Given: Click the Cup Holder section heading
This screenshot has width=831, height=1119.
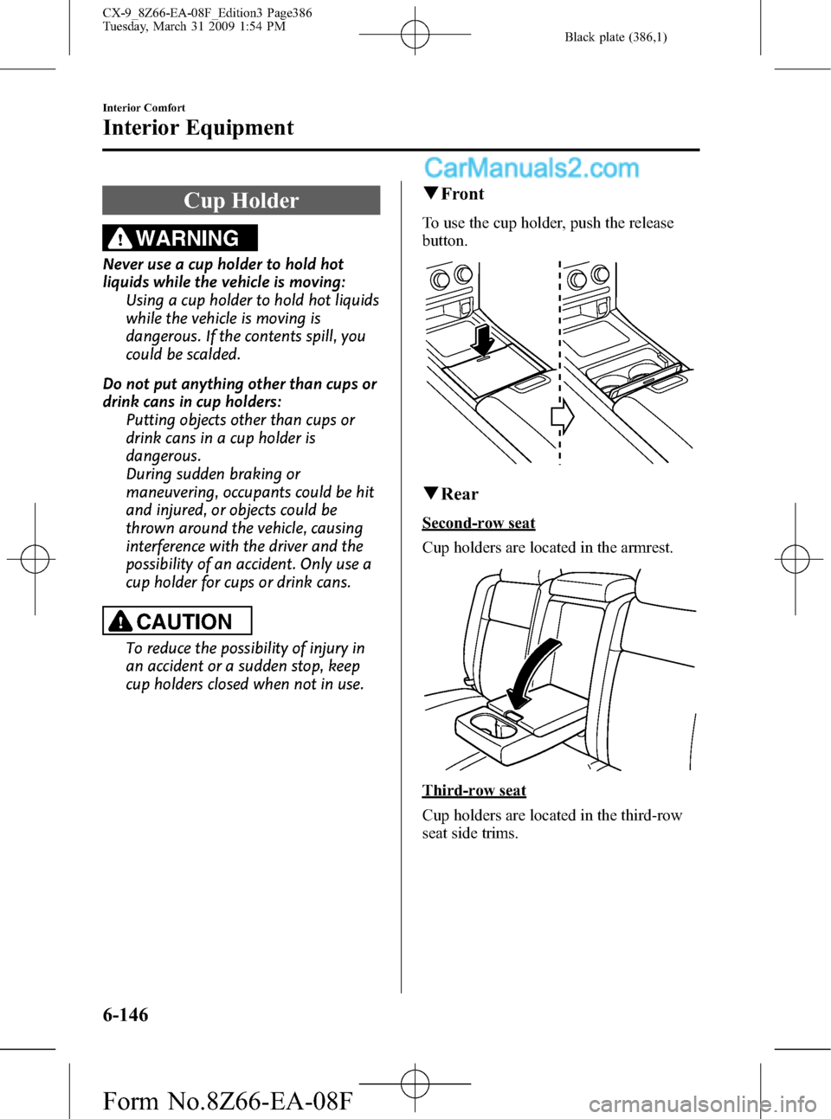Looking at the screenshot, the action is pos(241,200).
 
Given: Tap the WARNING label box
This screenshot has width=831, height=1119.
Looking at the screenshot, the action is pos(180,238).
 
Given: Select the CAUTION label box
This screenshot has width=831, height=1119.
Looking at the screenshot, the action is pos(177,621).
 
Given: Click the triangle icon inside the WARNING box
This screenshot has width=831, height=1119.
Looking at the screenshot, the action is pos(120,239).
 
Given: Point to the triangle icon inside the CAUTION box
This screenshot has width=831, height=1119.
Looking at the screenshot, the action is pos(120,622).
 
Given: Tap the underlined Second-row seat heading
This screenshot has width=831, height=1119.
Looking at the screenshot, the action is pos(479,523).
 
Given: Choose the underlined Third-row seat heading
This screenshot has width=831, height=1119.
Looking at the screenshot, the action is pos(474,790).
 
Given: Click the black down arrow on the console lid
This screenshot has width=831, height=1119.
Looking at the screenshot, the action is pos(483,340).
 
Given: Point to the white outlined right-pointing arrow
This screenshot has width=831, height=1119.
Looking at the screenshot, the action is pos(563,417).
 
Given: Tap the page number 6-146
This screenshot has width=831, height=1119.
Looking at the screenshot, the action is pos(126,1014).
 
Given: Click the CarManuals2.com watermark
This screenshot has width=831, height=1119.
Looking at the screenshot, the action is pos(531,168).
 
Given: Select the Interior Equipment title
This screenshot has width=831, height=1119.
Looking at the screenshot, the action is pos(198,127).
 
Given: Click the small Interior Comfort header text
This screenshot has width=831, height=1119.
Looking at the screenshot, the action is pos(144,107).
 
